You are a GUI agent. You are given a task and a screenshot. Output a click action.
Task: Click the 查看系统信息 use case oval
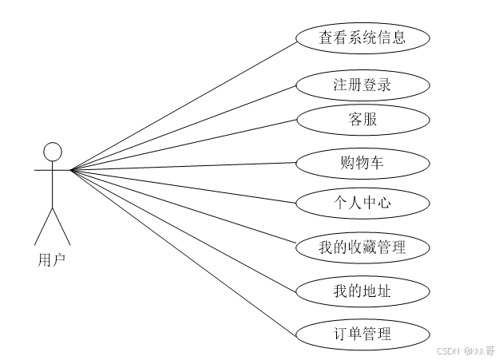(362, 37)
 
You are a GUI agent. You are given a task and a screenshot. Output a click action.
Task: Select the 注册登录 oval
(362, 85)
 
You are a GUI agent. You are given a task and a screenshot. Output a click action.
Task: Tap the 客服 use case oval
(362, 121)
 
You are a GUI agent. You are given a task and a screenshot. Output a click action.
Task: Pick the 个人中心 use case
(362, 203)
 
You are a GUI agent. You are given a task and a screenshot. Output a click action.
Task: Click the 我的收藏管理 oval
(362, 247)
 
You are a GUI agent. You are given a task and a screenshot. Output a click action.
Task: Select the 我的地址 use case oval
(362, 290)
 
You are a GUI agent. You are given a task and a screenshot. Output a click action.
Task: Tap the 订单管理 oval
(362, 333)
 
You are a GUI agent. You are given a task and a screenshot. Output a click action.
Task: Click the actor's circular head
(52, 152)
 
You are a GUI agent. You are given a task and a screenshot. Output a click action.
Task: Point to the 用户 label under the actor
(52, 259)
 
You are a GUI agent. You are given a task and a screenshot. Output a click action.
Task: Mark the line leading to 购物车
(184, 166)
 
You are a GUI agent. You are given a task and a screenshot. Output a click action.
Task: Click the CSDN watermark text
(451, 350)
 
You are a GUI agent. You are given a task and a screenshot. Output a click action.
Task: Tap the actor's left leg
(43, 227)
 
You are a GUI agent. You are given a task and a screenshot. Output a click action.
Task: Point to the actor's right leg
(61, 227)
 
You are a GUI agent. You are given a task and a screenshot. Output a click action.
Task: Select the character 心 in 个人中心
(384, 203)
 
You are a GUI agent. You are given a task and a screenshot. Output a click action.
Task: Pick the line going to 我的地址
(184, 229)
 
